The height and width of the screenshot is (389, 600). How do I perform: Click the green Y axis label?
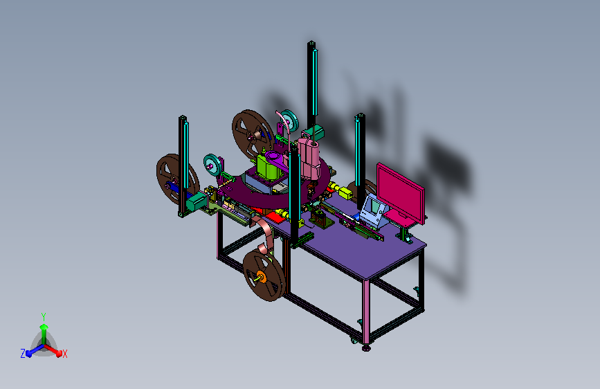[44, 317]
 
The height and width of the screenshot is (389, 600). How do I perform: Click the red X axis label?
[64, 354]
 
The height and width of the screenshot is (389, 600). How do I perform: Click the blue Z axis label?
[23, 354]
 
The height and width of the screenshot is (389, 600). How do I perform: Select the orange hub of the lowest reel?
[262, 276]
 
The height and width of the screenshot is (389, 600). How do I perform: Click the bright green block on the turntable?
[270, 168]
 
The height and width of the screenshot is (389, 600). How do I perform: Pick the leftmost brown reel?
[176, 179]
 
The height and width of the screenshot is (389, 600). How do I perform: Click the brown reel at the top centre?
[253, 135]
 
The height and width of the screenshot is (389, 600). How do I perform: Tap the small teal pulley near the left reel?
[212, 165]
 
